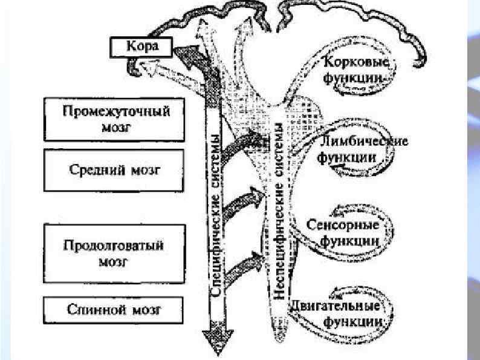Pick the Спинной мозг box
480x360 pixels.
(114, 311)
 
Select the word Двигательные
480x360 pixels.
(339, 306)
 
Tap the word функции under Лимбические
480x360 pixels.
(353, 157)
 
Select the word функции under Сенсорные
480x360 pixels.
(357, 240)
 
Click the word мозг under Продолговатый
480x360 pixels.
(114, 262)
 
